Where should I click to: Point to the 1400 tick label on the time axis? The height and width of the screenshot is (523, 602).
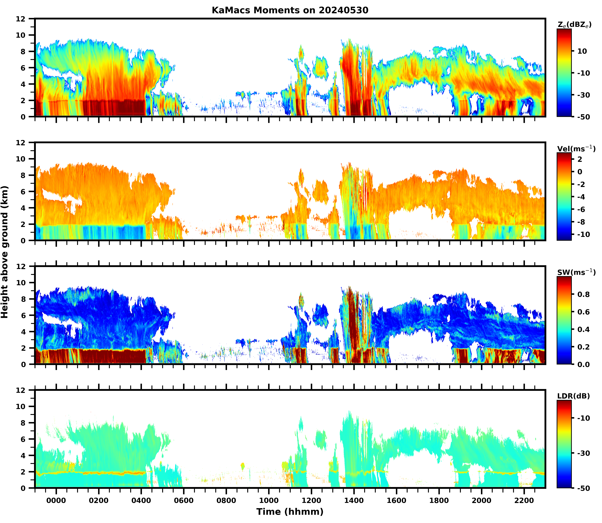pos(354,501)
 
